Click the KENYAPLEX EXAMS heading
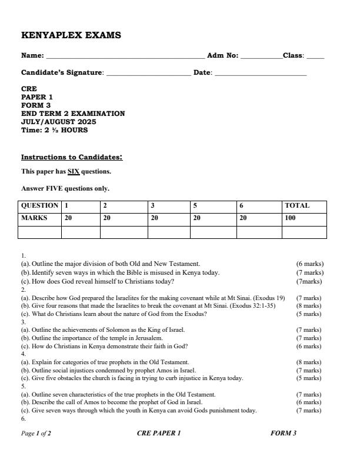[x=71, y=35]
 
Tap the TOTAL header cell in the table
[x=297, y=206]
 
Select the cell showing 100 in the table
[x=291, y=218]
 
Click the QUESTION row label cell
[x=40, y=206]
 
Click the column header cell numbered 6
[x=242, y=206]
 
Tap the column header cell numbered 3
[x=153, y=206]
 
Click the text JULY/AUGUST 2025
[x=58, y=122]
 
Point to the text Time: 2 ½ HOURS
[x=54, y=130]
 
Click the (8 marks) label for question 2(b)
[x=309, y=306]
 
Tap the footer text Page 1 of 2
[x=36, y=434]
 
